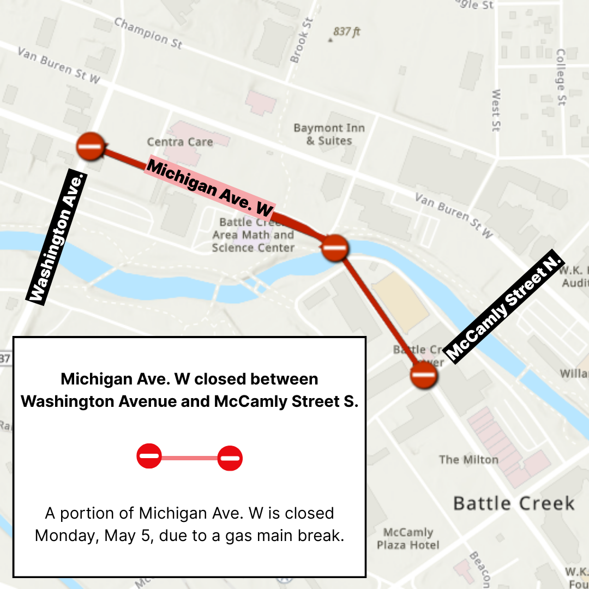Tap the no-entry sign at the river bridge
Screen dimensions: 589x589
click(x=334, y=248)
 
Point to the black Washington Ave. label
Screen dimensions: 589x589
click(x=57, y=237)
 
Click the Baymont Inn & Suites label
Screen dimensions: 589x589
click(x=329, y=134)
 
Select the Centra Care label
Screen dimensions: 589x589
click(x=180, y=142)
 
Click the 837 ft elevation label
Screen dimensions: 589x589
click(x=347, y=32)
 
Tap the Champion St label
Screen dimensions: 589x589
click(x=148, y=33)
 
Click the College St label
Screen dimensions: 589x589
click(x=561, y=76)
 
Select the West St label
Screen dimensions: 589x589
click(x=496, y=111)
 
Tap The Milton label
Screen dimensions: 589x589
click(x=469, y=460)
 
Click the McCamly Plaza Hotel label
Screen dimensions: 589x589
click(x=408, y=538)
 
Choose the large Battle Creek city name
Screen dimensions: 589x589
click(x=514, y=503)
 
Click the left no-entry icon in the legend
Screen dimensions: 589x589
click(x=149, y=455)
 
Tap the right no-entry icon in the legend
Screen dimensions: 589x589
click(x=230, y=458)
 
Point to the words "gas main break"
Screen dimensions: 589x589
click(x=284, y=536)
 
